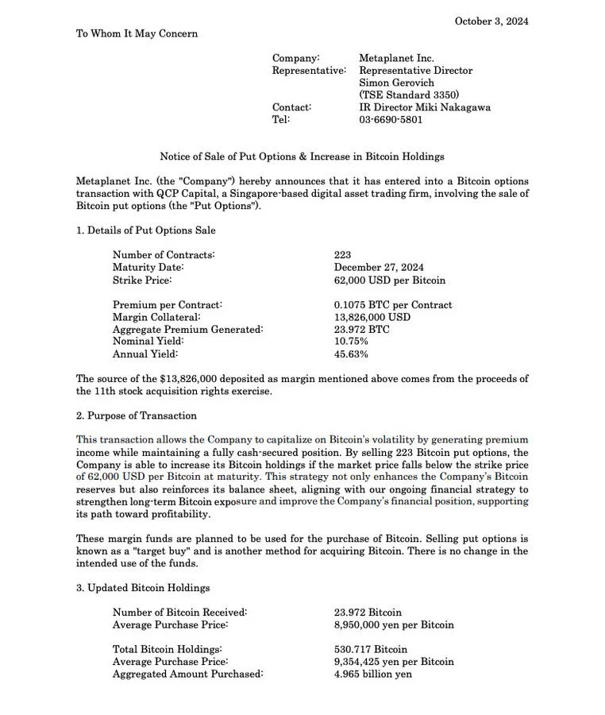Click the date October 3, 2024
coord(491,21)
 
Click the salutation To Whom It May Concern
coord(137,33)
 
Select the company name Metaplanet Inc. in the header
coord(396,59)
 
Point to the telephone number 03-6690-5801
coord(391,120)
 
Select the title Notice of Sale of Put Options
coord(302,157)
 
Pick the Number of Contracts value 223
coord(343,255)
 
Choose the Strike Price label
coord(142,280)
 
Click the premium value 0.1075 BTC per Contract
coord(393,305)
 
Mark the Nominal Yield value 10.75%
coord(351,342)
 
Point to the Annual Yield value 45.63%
coord(351,354)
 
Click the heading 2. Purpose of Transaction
coord(136,415)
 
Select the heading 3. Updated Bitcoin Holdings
coord(143,588)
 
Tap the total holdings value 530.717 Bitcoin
coord(371,650)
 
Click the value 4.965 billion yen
coord(373,674)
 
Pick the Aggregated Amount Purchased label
coord(187,674)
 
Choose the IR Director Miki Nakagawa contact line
coord(425,107)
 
